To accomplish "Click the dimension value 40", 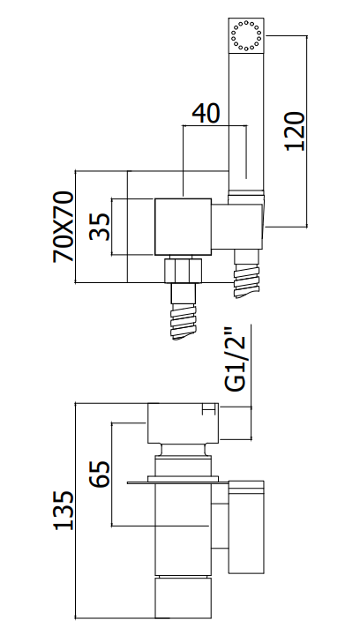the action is pyautogui.click(x=206, y=114).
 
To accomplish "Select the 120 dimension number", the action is pyautogui.click(x=295, y=131).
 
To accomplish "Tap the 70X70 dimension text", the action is pyautogui.click(x=64, y=227).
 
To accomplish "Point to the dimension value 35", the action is pyautogui.click(x=100, y=228).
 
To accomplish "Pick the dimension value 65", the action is pyautogui.click(x=100, y=474).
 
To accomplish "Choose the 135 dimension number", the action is pyautogui.click(x=64, y=511).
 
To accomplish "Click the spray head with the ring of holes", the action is pyautogui.click(x=246, y=35).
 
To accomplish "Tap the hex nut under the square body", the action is pyautogui.click(x=183, y=270).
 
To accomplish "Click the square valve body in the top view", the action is pyautogui.click(x=184, y=227).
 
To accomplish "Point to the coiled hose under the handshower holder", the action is pyautogui.click(x=246, y=273).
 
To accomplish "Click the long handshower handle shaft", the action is pyautogui.click(x=246, y=122).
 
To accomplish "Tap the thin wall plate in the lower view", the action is pyautogui.click(x=178, y=482).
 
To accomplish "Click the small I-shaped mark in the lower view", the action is pyautogui.click(x=207, y=409).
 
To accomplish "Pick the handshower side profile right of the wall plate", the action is pyautogui.click(x=246, y=527).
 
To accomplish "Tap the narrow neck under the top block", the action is pyautogui.click(x=184, y=449).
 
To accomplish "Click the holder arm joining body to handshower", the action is pyautogui.click(x=237, y=227).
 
